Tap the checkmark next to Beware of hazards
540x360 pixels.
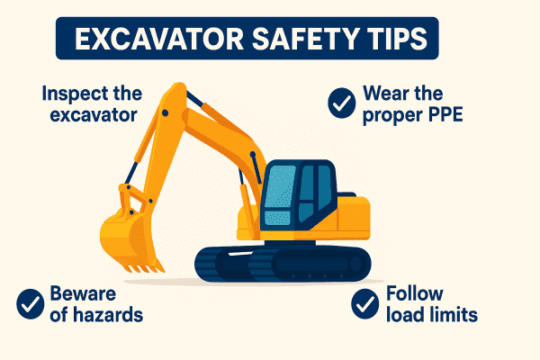coord(32,303)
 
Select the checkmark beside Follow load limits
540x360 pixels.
coord(365,303)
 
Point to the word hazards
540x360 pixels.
coord(100,315)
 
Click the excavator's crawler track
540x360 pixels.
coord(283,262)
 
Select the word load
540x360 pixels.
coord(402,315)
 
